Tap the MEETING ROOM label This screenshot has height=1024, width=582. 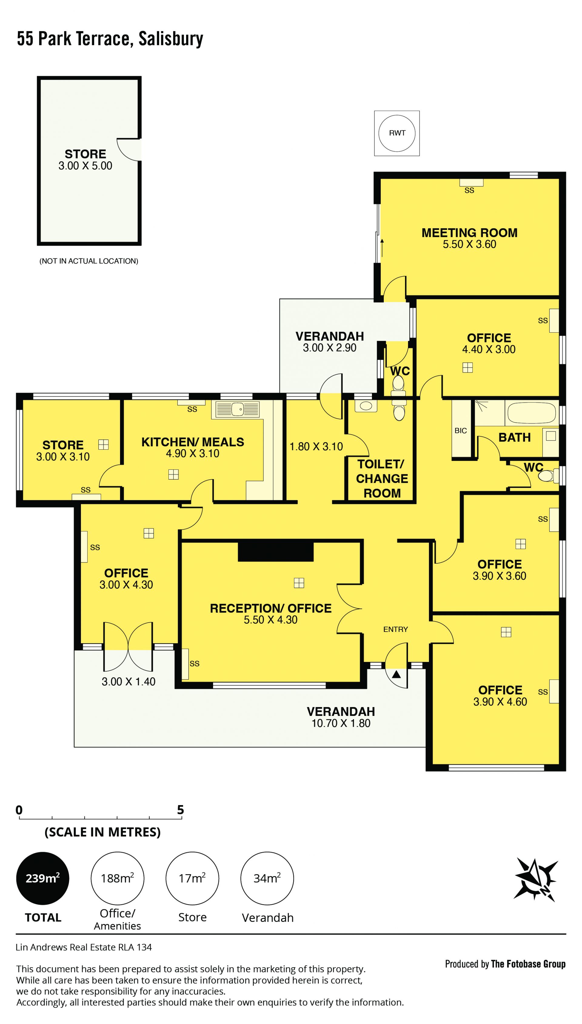(x=469, y=233)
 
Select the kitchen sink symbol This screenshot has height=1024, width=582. (x=237, y=409)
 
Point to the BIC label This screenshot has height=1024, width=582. (x=460, y=431)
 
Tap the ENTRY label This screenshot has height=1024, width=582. (x=395, y=630)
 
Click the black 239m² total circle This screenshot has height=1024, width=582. (x=42, y=878)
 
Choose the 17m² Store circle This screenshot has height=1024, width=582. (x=192, y=878)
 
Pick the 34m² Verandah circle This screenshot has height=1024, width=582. (x=267, y=878)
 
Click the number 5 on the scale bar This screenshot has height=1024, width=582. (x=181, y=810)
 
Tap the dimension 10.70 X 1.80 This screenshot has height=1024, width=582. (x=341, y=723)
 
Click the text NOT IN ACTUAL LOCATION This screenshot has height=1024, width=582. (x=89, y=261)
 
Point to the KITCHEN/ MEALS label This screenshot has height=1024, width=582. (x=193, y=442)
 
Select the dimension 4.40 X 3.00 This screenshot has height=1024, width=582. (x=489, y=349)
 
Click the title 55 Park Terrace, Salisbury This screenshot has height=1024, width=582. (x=110, y=39)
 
